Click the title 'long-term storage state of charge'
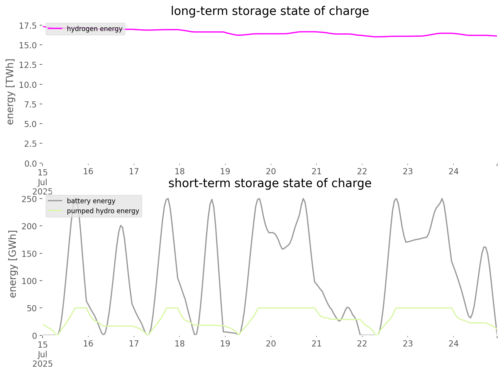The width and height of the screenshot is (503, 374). click(270, 11)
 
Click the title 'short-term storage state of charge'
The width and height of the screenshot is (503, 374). click(270, 183)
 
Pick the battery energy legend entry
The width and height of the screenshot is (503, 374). click(91, 201)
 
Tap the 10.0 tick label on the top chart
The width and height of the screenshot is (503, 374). click(28, 85)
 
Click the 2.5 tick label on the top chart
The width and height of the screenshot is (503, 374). click(30, 144)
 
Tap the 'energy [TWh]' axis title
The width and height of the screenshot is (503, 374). click(10, 92)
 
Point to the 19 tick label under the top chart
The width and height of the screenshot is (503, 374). click(225, 171)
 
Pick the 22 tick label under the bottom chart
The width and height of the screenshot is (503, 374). click(362, 344)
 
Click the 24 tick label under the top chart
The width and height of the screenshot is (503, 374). click(453, 171)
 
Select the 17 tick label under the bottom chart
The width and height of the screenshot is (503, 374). click(134, 344)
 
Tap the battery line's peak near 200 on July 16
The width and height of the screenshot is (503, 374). click(121, 226)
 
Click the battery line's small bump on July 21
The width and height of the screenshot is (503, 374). click(348, 307)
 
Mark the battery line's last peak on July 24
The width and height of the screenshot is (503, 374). click(485, 247)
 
